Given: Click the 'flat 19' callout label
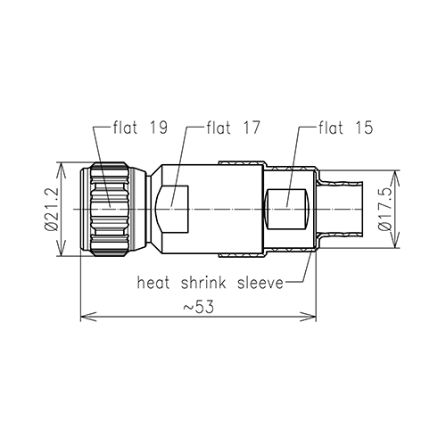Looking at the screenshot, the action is pos(140,128).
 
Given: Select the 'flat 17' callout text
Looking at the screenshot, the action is pos(234,128).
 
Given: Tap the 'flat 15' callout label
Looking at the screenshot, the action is pos(346,128).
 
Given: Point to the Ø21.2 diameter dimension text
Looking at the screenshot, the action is pos(51,209).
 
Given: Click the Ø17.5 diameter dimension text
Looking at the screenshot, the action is pos(385,209).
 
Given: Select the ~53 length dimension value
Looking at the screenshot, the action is pos(198,307).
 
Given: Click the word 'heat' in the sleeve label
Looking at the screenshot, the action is pos(153,282).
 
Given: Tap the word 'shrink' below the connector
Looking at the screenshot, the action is pos(203,282).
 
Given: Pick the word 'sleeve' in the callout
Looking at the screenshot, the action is pos(260,282).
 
